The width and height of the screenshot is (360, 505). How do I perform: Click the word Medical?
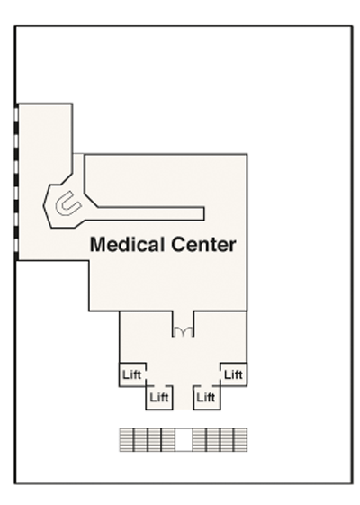pos(129,244)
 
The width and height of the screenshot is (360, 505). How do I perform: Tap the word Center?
pos(203,244)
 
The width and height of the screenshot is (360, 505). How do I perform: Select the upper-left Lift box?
pos(132,374)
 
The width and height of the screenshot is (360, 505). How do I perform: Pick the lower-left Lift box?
pos(159,398)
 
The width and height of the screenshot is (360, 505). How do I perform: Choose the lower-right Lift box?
pos(207,398)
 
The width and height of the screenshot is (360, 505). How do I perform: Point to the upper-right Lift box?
pos(234,374)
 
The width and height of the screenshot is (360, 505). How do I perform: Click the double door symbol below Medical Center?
pos(183,332)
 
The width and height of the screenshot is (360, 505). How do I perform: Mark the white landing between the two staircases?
pos(184,439)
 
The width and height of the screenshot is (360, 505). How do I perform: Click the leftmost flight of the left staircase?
pos(126,439)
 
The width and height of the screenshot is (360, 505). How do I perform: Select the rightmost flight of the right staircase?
pos(240,439)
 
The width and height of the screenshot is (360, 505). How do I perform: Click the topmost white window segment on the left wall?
pos(16,114)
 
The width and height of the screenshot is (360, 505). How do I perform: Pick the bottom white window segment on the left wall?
pos(16,246)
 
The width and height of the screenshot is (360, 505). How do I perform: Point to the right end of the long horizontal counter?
pos(204,214)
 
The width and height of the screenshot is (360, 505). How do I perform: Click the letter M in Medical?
pos(97,245)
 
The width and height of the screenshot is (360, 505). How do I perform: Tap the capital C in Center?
pos(177,245)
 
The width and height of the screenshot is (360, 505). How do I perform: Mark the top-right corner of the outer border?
pos(352,26)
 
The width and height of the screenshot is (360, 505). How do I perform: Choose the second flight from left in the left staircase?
pos(140,439)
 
